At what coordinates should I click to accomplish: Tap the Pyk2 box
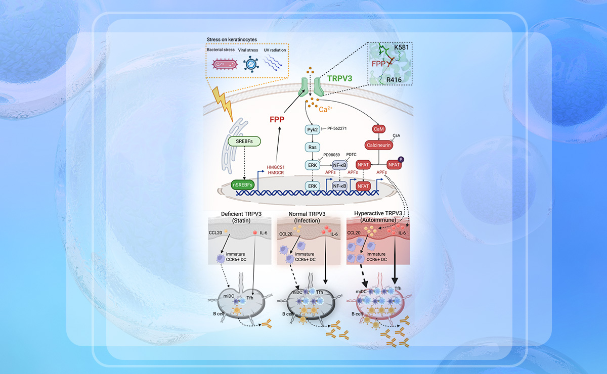(x=312, y=130)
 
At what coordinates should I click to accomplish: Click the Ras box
(x=312, y=147)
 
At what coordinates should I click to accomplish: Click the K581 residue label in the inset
(x=403, y=47)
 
